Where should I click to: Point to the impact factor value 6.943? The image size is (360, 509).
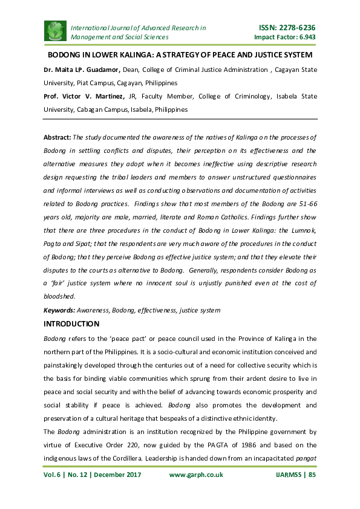[304, 37]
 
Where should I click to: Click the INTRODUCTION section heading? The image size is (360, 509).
[71, 324]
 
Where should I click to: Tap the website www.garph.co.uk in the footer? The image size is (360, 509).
[196, 475]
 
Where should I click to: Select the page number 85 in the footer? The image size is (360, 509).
[312, 475]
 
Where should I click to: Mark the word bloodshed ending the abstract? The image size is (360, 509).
[59, 296]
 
